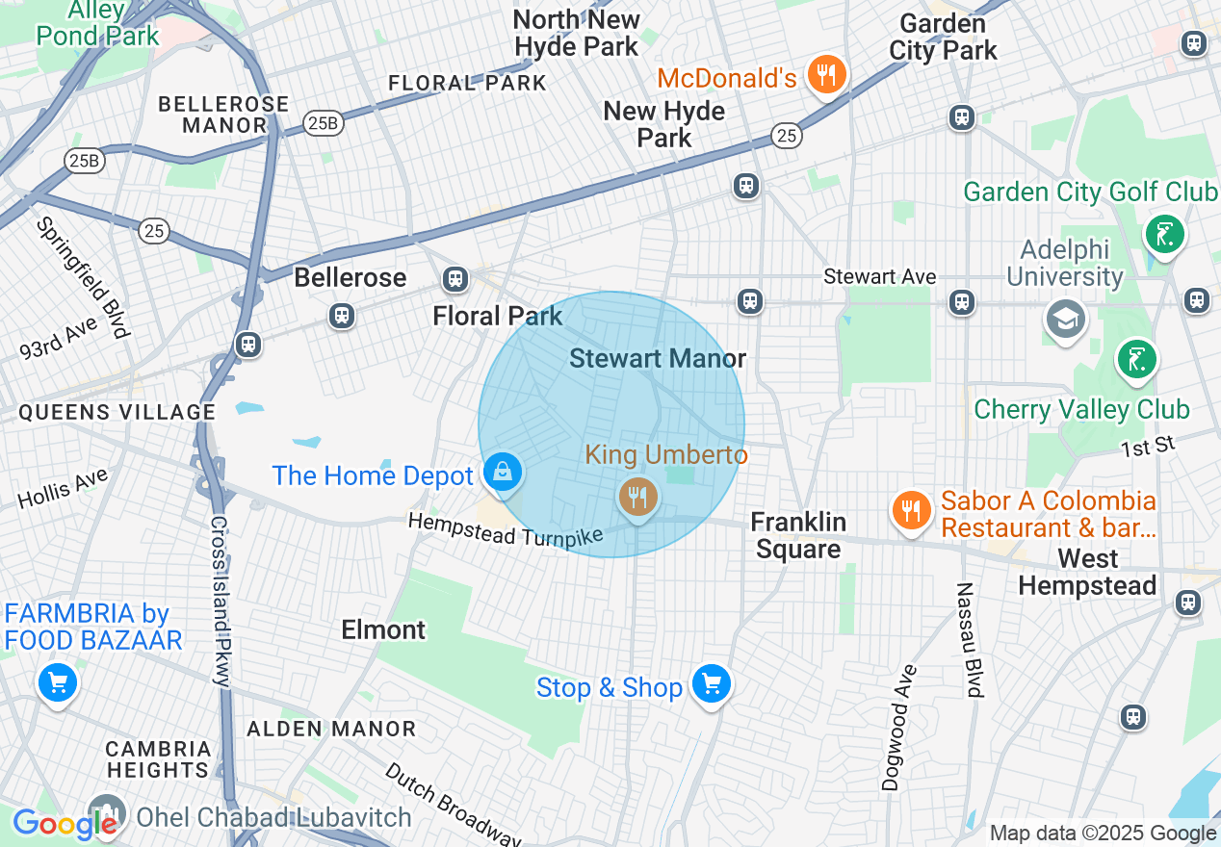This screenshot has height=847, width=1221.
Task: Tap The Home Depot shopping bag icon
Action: (503, 473)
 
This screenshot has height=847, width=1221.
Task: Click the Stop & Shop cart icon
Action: (712, 685)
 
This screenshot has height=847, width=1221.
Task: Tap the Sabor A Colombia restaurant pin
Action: (909, 509)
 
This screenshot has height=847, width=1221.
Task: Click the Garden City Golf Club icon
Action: (1165, 233)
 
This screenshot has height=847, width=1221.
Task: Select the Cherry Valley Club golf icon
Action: (1136, 360)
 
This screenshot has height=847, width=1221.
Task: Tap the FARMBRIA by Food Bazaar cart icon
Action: (57, 683)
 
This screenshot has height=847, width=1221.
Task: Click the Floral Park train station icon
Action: (455, 280)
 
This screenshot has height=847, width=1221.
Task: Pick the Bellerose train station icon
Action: (341, 315)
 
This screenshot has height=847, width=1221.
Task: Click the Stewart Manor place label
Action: (658, 359)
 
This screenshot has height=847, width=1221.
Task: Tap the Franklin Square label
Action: (798, 535)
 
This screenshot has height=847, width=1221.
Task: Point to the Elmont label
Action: (383, 629)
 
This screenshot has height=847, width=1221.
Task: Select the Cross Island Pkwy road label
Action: (220, 602)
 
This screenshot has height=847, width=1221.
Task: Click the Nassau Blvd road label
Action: (970, 639)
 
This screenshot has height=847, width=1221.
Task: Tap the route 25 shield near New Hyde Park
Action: (787, 137)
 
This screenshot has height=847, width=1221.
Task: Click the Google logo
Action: (64, 824)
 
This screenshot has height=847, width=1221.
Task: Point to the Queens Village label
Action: (117, 412)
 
